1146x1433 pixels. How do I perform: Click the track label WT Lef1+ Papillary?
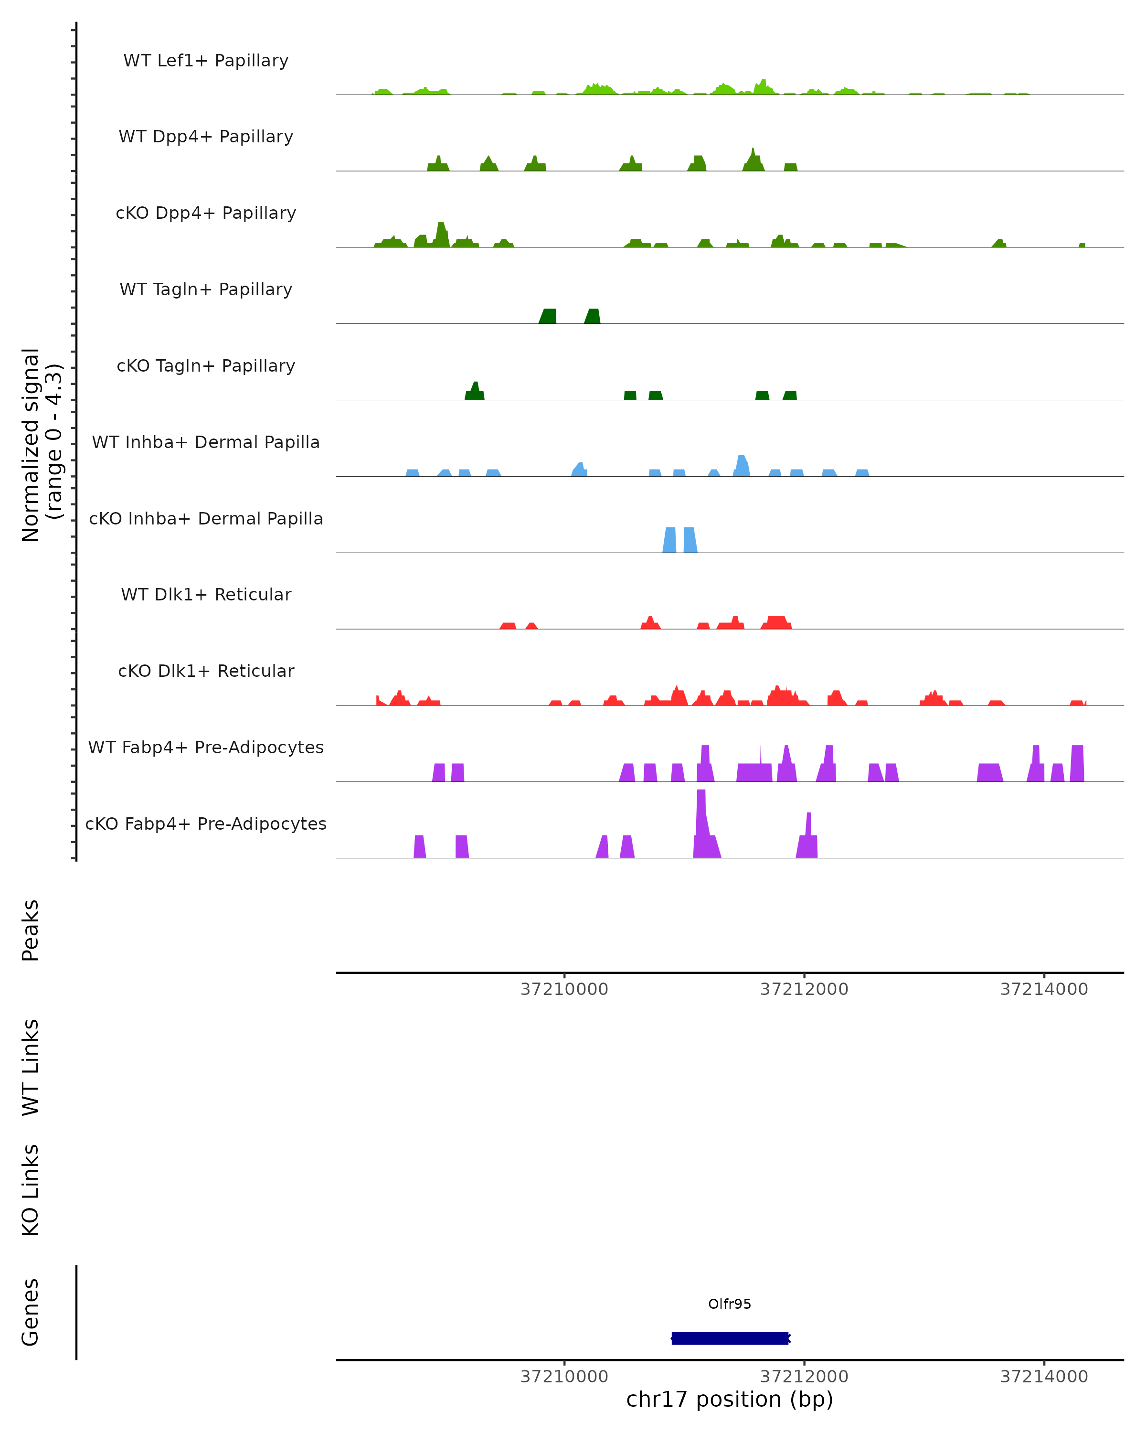pyautogui.click(x=206, y=61)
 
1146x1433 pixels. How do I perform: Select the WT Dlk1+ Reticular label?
pyautogui.click(x=206, y=594)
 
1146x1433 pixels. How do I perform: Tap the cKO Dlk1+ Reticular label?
pyautogui.click(x=206, y=671)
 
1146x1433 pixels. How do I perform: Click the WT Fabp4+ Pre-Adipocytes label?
pyautogui.click(x=206, y=747)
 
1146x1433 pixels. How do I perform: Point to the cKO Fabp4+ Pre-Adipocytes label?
pyautogui.click(x=206, y=823)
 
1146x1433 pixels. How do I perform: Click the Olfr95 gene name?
pyautogui.click(x=730, y=1304)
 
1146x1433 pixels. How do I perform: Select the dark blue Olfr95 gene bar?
pyautogui.click(x=730, y=1338)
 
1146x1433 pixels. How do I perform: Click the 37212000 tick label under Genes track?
pyautogui.click(x=804, y=1377)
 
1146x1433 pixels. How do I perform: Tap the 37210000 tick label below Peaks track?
pyautogui.click(x=564, y=989)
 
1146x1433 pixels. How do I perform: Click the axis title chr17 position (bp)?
pyautogui.click(x=730, y=1400)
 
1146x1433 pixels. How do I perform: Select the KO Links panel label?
pyautogui.click(x=31, y=1190)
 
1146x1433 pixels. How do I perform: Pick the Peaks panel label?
pyautogui.click(x=31, y=930)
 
